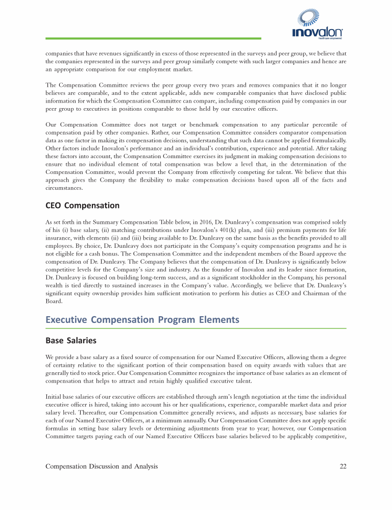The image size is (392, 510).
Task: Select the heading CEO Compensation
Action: (83, 206)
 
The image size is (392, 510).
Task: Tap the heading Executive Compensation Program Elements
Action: (142, 320)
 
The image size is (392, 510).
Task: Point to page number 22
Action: (342, 466)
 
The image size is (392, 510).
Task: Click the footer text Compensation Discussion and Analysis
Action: (102, 466)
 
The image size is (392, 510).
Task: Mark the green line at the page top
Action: (153, 38)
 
